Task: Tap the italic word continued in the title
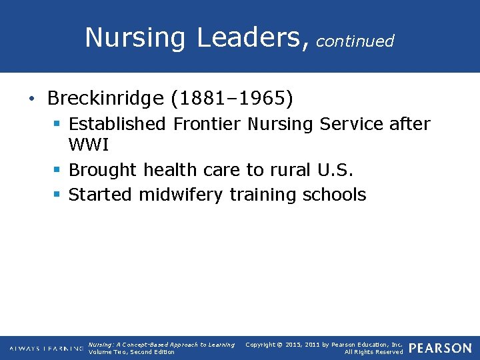click(355, 41)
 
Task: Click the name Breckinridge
click(105, 99)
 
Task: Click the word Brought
click(97, 170)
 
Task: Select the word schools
click(335, 195)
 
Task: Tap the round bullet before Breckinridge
click(32, 99)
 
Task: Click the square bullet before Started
click(58, 195)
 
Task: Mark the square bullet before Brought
click(58, 171)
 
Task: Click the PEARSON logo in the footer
click(440, 348)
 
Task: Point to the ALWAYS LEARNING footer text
click(46, 348)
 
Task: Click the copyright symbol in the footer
click(280, 345)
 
